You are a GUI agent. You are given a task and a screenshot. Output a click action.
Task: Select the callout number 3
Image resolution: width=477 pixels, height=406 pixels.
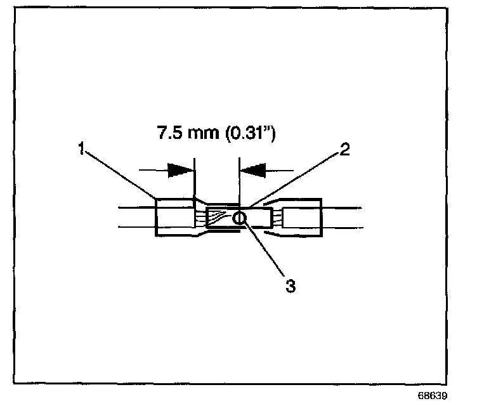(290, 285)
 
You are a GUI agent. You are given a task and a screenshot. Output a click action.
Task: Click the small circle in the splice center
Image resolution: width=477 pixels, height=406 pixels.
(239, 219)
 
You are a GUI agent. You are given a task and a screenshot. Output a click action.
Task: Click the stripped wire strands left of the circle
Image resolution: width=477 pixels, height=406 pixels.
(219, 218)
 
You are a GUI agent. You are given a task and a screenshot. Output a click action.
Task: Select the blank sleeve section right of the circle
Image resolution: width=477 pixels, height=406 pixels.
(257, 219)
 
